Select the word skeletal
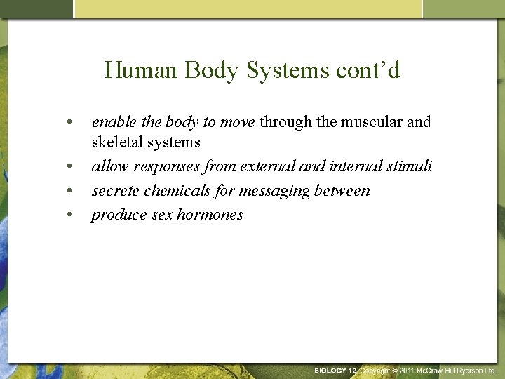coord(117,142)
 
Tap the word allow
coord(108,166)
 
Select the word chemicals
coord(170,190)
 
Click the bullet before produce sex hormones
coord(70,215)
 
